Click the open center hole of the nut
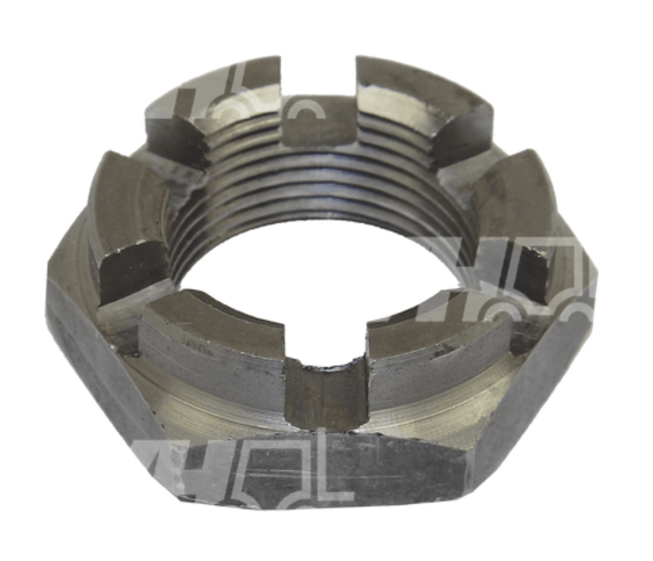(321, 277)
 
